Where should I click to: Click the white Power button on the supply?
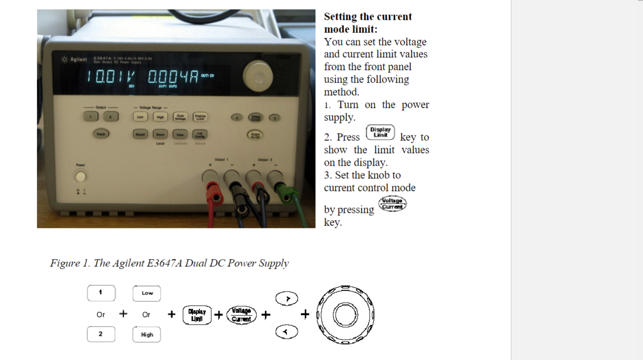80,176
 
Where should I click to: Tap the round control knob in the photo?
258,74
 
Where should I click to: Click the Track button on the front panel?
101,133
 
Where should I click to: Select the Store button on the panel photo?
160,134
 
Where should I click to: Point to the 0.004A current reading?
172,76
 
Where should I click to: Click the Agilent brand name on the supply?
78,59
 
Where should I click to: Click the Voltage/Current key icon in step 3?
393,204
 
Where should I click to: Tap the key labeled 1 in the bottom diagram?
101,293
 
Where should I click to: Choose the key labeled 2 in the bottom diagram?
101,334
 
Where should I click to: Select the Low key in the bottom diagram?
147,293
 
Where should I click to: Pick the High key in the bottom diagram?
147,334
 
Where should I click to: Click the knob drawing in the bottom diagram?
345,314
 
